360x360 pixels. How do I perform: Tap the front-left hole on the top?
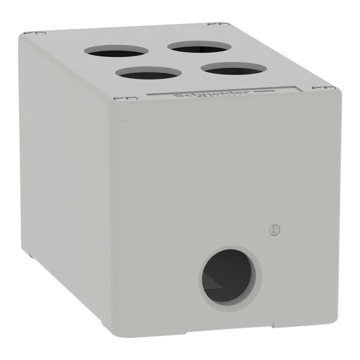[149, 73]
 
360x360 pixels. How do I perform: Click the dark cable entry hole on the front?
[228, 276]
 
